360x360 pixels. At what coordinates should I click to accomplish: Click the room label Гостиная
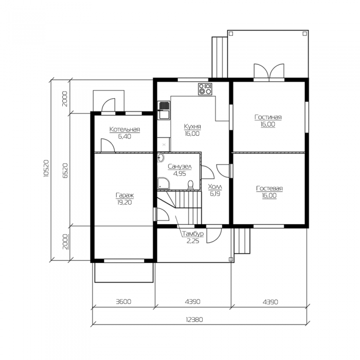pos(268,117)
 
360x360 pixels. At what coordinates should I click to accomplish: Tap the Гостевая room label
pos(269,189)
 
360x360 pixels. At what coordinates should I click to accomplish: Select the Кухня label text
pos(192,127)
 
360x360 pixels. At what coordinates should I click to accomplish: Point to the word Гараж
pos(124,195)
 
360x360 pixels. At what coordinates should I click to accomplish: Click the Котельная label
pos(124,130)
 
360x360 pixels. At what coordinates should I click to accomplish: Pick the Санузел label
pos(179,167)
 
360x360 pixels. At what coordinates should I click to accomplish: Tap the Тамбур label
pos(193,234)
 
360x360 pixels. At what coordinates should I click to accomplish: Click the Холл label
pos(215,187)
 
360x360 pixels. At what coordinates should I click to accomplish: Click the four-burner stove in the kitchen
pos(205,89)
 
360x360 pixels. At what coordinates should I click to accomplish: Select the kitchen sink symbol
pos(164,111)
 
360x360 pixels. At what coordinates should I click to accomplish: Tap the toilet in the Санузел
pos(191,185)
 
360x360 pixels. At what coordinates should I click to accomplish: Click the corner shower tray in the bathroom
pos(164,183)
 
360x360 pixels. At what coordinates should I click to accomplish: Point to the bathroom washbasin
pos(160,158)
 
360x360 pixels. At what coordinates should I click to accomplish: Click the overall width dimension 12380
pos(194,319)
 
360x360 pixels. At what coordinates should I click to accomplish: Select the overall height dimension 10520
pos(46,168)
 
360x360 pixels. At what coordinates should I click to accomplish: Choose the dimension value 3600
pos(123,301)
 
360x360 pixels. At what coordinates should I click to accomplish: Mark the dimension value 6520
pos(65,171)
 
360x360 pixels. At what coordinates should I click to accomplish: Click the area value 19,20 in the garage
pos(124,203)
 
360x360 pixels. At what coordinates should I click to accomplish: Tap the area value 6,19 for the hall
pos(215,194)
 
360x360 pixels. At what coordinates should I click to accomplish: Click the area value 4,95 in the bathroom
pos(179,174)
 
